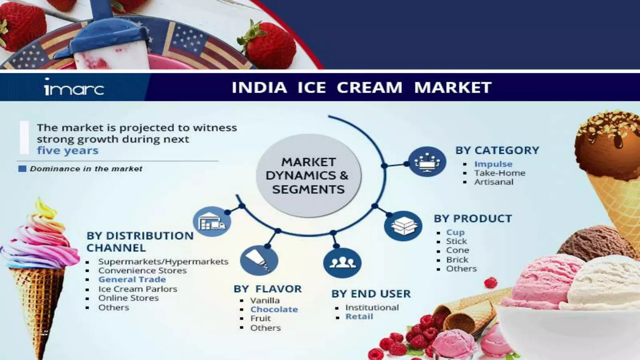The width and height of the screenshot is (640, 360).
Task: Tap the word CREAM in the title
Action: click(369, 87)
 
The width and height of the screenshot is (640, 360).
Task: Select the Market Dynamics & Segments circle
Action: click(308, 176)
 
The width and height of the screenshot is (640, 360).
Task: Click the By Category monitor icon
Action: click(427, 162)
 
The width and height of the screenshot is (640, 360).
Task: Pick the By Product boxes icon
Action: click(403, 226)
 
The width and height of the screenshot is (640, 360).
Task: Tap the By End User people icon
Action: click(342, 262)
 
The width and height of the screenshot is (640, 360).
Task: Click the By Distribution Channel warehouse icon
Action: click(212, 221)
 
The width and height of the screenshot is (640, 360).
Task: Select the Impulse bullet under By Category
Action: click(493, 164)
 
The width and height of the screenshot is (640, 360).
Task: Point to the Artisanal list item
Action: click(493, 182)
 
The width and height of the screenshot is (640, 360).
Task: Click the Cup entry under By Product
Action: click(455, 232)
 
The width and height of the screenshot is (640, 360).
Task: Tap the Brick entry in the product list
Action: click(457, 260)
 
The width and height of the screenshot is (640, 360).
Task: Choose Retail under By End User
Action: click(359, 317)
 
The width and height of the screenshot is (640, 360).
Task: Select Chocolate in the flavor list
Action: click(274, 309)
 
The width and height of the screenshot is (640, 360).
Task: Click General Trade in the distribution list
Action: click(132, 279)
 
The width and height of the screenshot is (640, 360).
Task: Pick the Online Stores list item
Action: click(128, 298)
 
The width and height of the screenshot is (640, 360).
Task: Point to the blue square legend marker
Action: click(22, 169)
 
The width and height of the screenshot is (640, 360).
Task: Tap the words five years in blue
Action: click(68, 151)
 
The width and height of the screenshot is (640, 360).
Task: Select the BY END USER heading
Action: click(371, 294)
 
